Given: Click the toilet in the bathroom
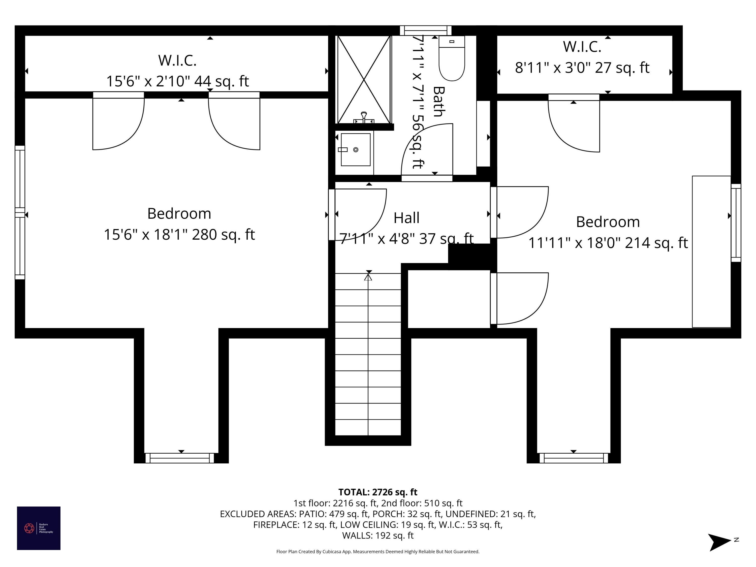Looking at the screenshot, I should (452, 60).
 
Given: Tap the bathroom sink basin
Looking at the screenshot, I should (355, 150).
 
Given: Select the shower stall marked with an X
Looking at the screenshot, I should (364, 79).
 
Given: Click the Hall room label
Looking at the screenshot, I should (406, 218).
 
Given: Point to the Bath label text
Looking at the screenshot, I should (439, 102).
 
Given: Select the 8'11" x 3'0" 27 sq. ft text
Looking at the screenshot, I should (582, 68).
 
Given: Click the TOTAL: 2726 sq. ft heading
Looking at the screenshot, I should (378, 492).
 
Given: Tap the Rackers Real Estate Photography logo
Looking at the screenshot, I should (39, 528).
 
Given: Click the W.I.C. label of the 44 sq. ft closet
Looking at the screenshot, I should (177, 60).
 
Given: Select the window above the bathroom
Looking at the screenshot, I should (426, 30).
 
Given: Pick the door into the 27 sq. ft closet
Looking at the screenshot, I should (574, 127).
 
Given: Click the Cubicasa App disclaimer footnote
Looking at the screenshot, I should (378, 552).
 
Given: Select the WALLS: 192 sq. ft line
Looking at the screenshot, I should (378, 535).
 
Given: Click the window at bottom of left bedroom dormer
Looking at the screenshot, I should (180, 458).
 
